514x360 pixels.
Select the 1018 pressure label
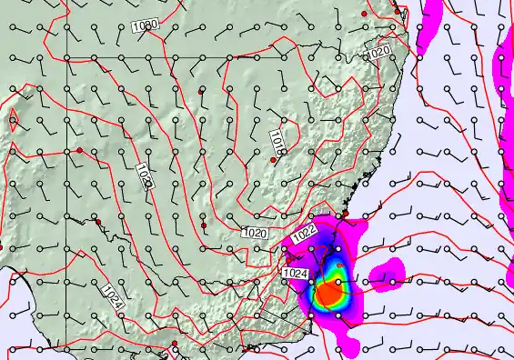click(x=278, y=140)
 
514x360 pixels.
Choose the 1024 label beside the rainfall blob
click(x=295, y=273)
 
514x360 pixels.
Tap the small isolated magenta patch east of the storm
click(x=390, y=270)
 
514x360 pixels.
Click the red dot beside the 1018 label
click(x=272, y=160)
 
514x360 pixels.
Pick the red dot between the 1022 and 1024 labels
click(x=290, y=260)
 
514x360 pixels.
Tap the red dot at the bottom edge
click(x=174, y=344)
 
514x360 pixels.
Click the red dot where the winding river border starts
click(x=97, y=221)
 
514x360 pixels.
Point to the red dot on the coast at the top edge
click(x=364, y=15)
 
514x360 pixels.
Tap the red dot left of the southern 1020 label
click(x=204, y=224)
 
